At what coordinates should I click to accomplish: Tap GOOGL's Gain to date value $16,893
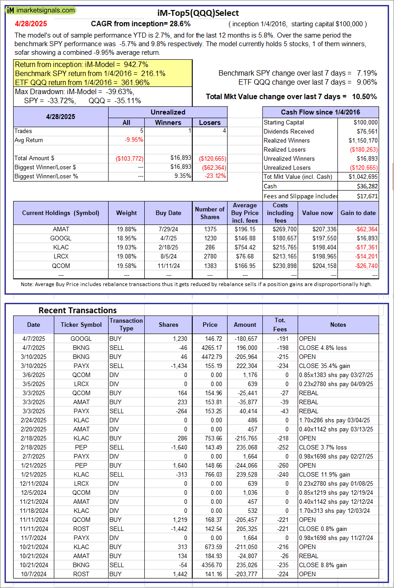(366, 239)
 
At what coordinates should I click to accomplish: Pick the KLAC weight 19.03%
(126, 248)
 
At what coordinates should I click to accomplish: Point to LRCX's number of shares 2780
(209, 257)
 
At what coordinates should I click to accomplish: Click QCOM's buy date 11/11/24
(169, 266)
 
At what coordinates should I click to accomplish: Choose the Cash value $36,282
(366, 186)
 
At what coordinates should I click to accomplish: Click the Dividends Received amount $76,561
(366, 131)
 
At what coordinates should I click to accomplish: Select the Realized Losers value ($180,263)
(364, 149)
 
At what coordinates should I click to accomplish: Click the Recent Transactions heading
(77, 310)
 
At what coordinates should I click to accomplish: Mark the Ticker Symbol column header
(81, 325)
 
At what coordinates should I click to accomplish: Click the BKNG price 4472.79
(210, 357)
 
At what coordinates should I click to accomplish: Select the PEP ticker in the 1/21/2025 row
(81, 465)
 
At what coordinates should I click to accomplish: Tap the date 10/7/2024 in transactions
(33, 574)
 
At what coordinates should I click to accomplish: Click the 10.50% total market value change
(364, 96)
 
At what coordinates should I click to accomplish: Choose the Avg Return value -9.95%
(134, 140)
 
